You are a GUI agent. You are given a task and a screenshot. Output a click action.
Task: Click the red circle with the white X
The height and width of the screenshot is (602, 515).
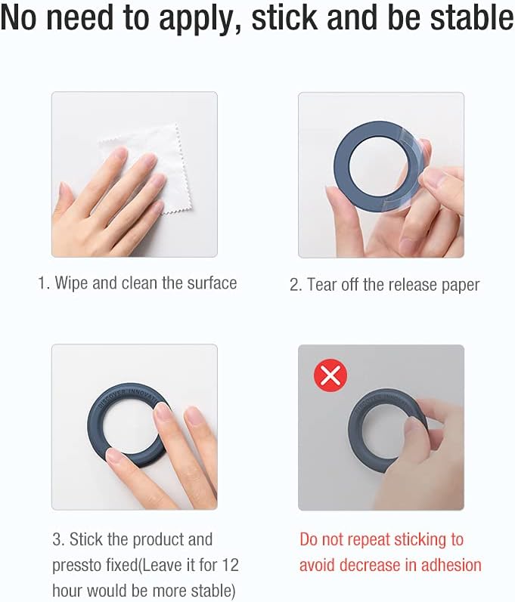330,375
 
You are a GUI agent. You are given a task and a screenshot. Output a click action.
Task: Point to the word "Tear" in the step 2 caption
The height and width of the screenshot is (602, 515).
322,285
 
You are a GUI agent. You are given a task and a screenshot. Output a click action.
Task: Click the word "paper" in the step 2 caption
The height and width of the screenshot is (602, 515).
461,286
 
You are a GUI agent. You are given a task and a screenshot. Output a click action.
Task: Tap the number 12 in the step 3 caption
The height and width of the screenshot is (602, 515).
230,565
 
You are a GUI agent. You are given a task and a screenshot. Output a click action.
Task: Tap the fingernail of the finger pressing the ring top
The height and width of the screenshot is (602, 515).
163,414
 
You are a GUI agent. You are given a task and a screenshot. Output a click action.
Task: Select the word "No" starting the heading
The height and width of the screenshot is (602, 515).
18,17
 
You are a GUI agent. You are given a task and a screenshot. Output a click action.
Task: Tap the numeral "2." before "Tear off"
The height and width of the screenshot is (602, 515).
296,286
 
